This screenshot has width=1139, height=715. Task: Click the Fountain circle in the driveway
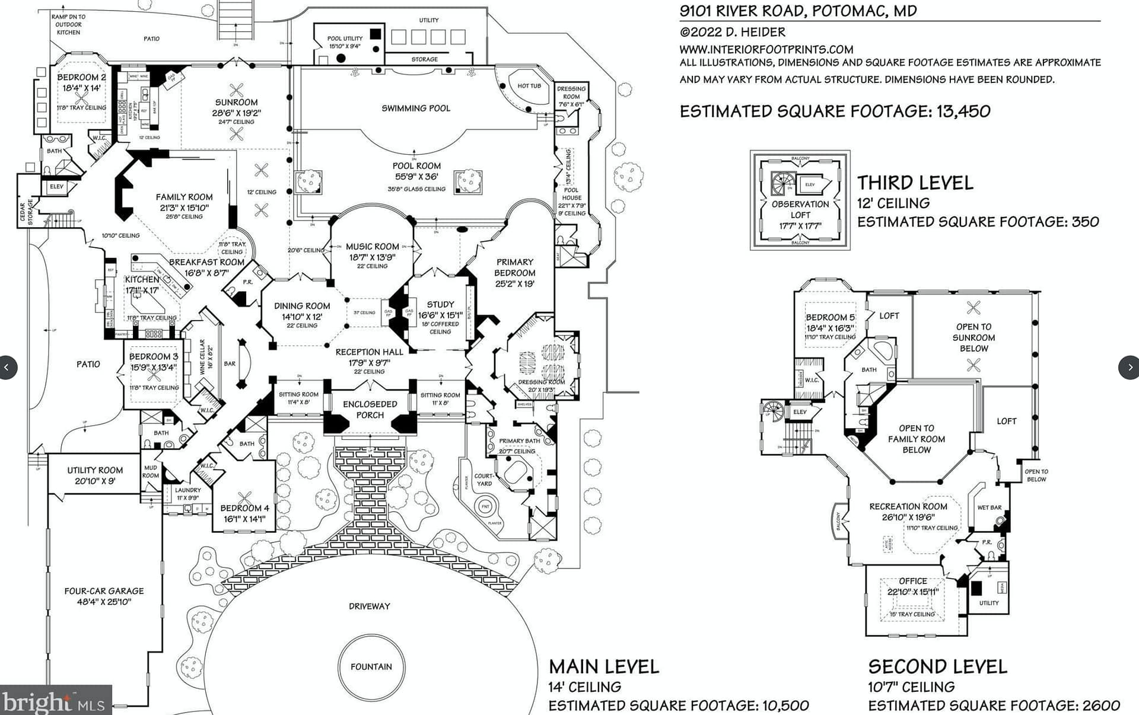pos(371,666)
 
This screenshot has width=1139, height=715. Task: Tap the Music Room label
pos(372,247)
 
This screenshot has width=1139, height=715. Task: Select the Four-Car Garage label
pos(104,591)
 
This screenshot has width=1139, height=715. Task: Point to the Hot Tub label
pos(529,86)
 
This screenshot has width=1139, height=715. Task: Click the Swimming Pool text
pos(415,108)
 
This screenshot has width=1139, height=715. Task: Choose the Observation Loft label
pos(800,209)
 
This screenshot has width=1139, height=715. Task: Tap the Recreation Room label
pos(908,507)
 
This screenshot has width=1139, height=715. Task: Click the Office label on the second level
pos(912,581)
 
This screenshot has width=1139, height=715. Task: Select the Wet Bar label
pos(989,507)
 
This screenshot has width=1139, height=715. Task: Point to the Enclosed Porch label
pos(370,410)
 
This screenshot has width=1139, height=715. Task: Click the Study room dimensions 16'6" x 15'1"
pos(440,315)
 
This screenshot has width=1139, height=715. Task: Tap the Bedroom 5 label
pos(830,318)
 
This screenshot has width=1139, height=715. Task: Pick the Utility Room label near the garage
pos(95,470)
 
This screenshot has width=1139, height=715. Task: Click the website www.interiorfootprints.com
pos(766,49)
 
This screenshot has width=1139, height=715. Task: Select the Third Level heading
pos(915,183)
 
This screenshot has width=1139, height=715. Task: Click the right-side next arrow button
pos(1129,368)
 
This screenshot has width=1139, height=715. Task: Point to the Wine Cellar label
pos(202,356)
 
